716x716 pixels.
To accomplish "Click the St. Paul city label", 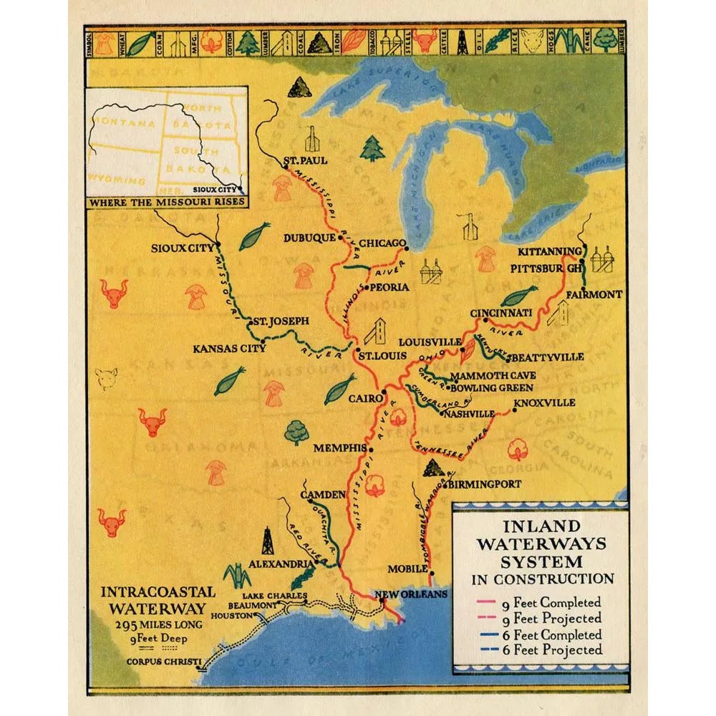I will coord(306,160).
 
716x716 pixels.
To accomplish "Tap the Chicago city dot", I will coord(406,249).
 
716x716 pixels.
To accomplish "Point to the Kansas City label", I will coord(229,349).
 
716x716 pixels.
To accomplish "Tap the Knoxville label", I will coord(545,403).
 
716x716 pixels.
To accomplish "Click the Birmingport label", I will coord(485,484).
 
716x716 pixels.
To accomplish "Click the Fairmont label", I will coord(594,294).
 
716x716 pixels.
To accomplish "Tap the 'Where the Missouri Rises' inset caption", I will coord(167,202).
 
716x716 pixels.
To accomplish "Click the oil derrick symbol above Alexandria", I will coord(267,541).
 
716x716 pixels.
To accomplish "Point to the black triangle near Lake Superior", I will coord(299,87).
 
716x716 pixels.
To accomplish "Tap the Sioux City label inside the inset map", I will coord(218,190).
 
